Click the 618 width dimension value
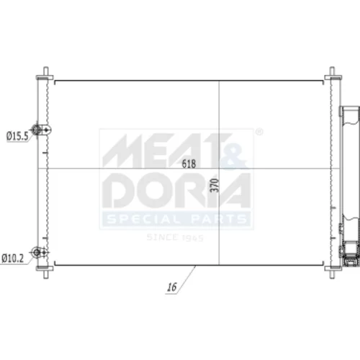click(189, 163)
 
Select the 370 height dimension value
click(215, 185)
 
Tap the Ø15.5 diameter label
click(17, 136)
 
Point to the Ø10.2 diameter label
click(13, 258)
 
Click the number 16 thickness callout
click(172, 287)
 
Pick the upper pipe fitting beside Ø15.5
click(41, 130)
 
